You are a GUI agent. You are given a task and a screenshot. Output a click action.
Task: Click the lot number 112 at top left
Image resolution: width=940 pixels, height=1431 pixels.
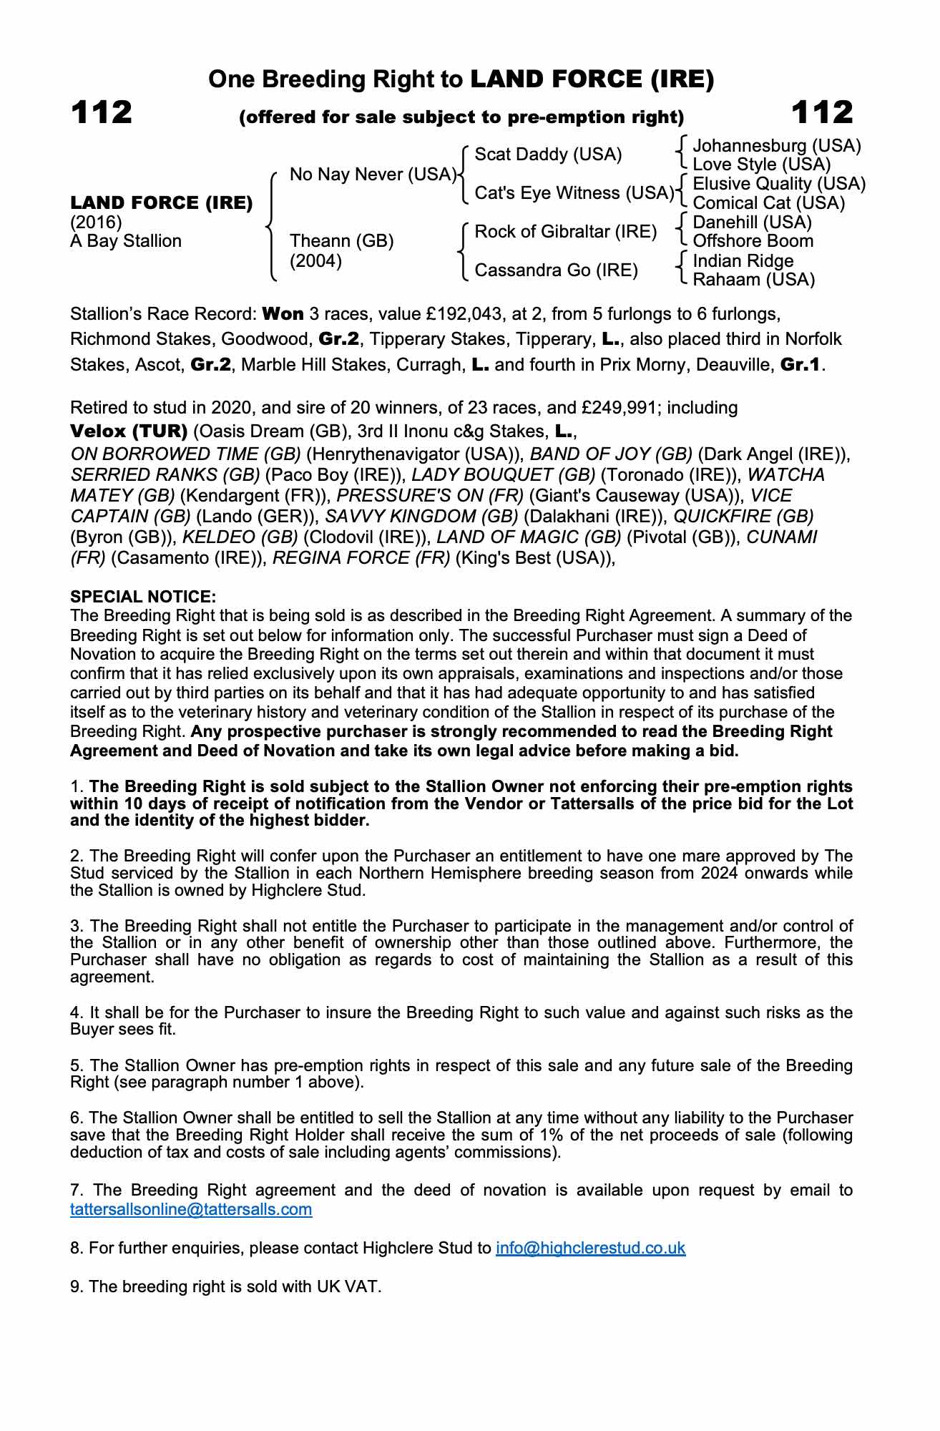pos(101,112)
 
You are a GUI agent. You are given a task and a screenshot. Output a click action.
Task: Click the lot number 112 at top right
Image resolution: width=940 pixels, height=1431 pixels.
pos(822,112)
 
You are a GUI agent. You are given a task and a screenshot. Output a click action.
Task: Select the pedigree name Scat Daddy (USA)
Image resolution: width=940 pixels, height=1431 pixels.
pos(548,155)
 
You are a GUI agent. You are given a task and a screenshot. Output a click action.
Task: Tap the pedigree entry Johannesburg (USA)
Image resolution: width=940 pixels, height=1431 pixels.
pos(776,146)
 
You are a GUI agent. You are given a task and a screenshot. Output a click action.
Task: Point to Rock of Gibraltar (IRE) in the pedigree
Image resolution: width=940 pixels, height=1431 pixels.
pos(565,232)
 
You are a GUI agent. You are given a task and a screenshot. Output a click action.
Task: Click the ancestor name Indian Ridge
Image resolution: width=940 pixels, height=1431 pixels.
pos(743,260)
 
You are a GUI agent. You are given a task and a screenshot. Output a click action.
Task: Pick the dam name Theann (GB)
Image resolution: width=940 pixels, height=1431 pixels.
pos(341,241)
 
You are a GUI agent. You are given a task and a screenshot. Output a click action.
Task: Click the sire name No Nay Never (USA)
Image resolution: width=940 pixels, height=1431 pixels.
pos(373,175)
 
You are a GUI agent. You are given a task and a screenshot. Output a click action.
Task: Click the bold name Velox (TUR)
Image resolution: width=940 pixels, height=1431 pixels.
pos(129,431)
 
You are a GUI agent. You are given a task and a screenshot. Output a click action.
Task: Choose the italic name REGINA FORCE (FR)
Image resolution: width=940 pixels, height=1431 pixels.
pos(361,558)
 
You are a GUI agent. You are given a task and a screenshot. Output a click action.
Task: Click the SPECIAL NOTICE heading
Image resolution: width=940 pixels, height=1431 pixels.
pos(142,597)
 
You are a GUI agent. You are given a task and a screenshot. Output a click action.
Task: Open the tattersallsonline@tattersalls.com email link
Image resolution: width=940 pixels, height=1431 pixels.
pos(191,1209)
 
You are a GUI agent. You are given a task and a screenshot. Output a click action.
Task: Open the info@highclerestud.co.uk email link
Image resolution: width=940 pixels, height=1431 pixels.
pos(590,1248)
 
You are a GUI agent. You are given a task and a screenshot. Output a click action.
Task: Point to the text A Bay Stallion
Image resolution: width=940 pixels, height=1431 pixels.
pos(125,241)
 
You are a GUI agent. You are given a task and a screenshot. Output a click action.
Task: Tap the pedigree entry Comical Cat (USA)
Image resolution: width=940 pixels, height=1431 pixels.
pos(768,203)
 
